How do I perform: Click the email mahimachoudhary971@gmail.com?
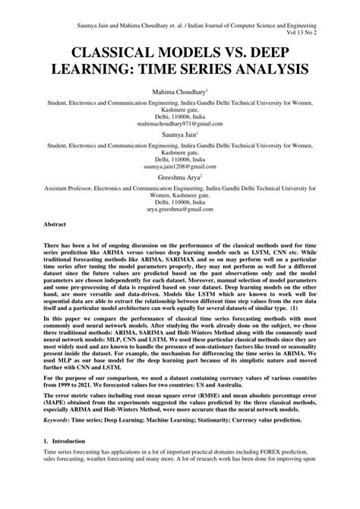coord(180,123)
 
